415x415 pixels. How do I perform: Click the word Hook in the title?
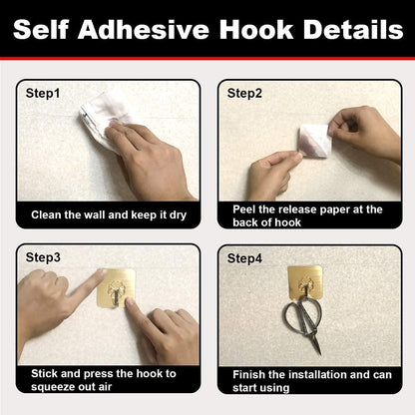pyautogui.click(x=252, y=30)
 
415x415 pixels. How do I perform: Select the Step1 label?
pyautogui.click(x=43, y=93)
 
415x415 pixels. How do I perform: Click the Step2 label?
pyautogui.click(x=245, y=93)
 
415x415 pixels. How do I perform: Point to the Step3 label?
pyautogui.click(x=43, y=257)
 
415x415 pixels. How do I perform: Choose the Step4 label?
pyautogui.click(x=245, y=258)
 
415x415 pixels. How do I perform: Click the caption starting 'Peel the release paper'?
pyautogui.click(x=306, y=214)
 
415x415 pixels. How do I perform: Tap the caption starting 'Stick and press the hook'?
pyautogui.click(x=102, y=380)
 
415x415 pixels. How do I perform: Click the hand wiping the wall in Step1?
pyautogui.click(x=150, y=160)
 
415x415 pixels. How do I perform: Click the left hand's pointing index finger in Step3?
pyautogui.click(x=85, y=282)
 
